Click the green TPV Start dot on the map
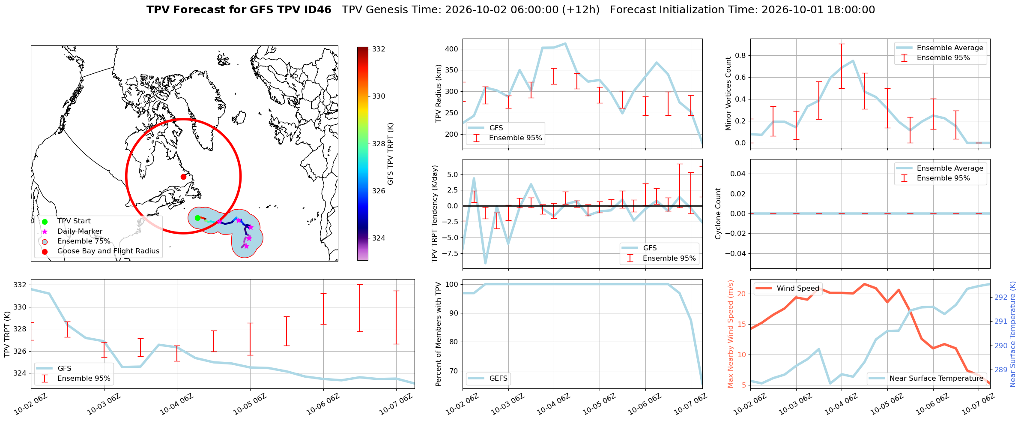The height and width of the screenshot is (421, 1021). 197,218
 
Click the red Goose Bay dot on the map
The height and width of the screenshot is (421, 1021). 183,177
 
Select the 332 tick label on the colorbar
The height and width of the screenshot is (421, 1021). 379,49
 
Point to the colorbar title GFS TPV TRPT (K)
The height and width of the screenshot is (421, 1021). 390,154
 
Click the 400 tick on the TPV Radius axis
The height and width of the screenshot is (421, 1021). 452,49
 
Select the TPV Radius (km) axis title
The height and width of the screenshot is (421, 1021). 438,93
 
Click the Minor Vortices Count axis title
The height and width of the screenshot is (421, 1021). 728,93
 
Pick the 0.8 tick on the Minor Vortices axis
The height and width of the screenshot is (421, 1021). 741,55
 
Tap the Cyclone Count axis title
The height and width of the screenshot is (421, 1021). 718,214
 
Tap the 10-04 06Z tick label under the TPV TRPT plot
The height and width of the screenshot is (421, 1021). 173,404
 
